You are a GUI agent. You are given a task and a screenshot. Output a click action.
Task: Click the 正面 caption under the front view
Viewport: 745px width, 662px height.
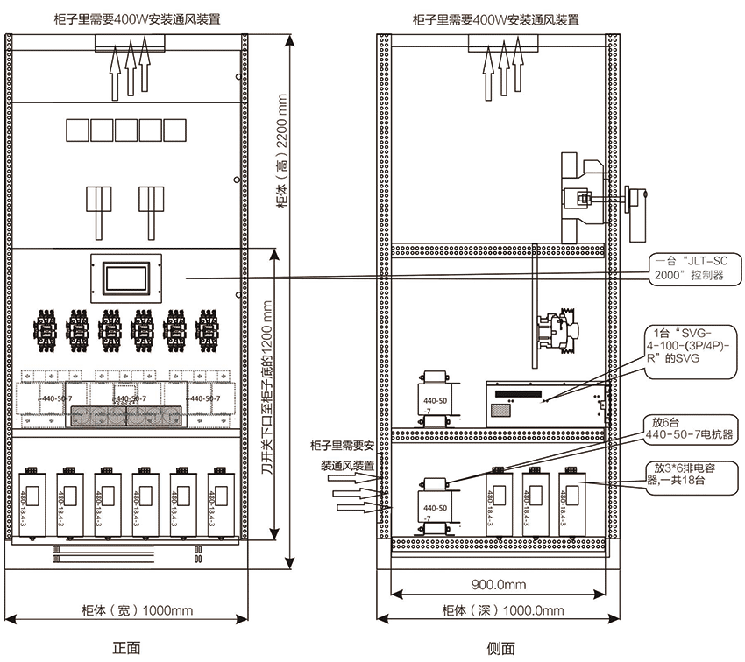(x=126, y=648)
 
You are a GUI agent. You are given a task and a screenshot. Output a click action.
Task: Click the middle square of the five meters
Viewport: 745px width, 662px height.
(x=126, y=130)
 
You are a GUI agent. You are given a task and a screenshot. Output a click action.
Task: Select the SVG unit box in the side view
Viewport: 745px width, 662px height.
(x=543, y=403)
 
